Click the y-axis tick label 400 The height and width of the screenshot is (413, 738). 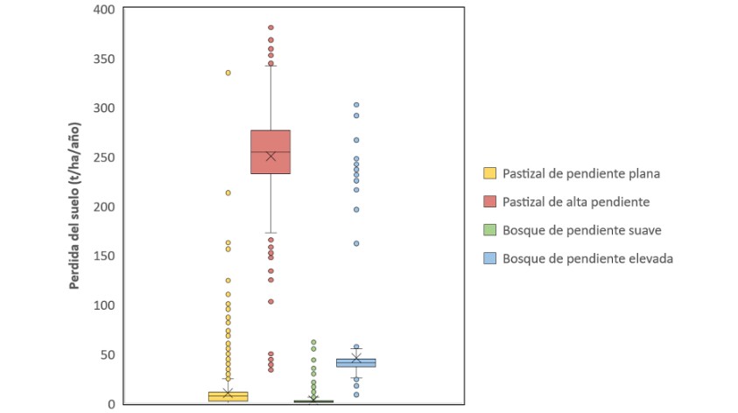click(105, 10)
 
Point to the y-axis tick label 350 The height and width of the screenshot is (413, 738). click(105, 59)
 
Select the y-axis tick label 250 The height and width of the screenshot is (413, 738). click(105, 157)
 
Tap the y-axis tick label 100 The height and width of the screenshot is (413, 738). click(105, 305)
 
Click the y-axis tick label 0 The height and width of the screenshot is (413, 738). click(112, 404)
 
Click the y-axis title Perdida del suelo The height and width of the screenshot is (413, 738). click(78, 206)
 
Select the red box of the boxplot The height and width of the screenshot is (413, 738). click(271, 152)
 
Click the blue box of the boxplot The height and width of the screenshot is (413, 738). click(355, 362)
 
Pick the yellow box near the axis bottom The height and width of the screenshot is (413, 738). click(228, 396)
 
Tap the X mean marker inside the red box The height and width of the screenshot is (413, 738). click(271, 157)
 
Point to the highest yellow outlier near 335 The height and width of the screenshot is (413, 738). click(228, 73)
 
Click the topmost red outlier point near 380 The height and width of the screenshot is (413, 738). click(271, 28)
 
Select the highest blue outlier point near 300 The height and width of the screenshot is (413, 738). click(356, 105)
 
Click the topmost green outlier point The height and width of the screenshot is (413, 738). click(313, 342)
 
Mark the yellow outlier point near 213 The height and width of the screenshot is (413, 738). click(228, 192)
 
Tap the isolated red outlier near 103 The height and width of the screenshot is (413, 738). click(271, 301)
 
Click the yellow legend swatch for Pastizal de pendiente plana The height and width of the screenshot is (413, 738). click(489, 173)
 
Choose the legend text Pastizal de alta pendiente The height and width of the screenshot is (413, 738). click(575, 202)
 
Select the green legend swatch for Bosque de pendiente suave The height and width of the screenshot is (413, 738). click(489, 230)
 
